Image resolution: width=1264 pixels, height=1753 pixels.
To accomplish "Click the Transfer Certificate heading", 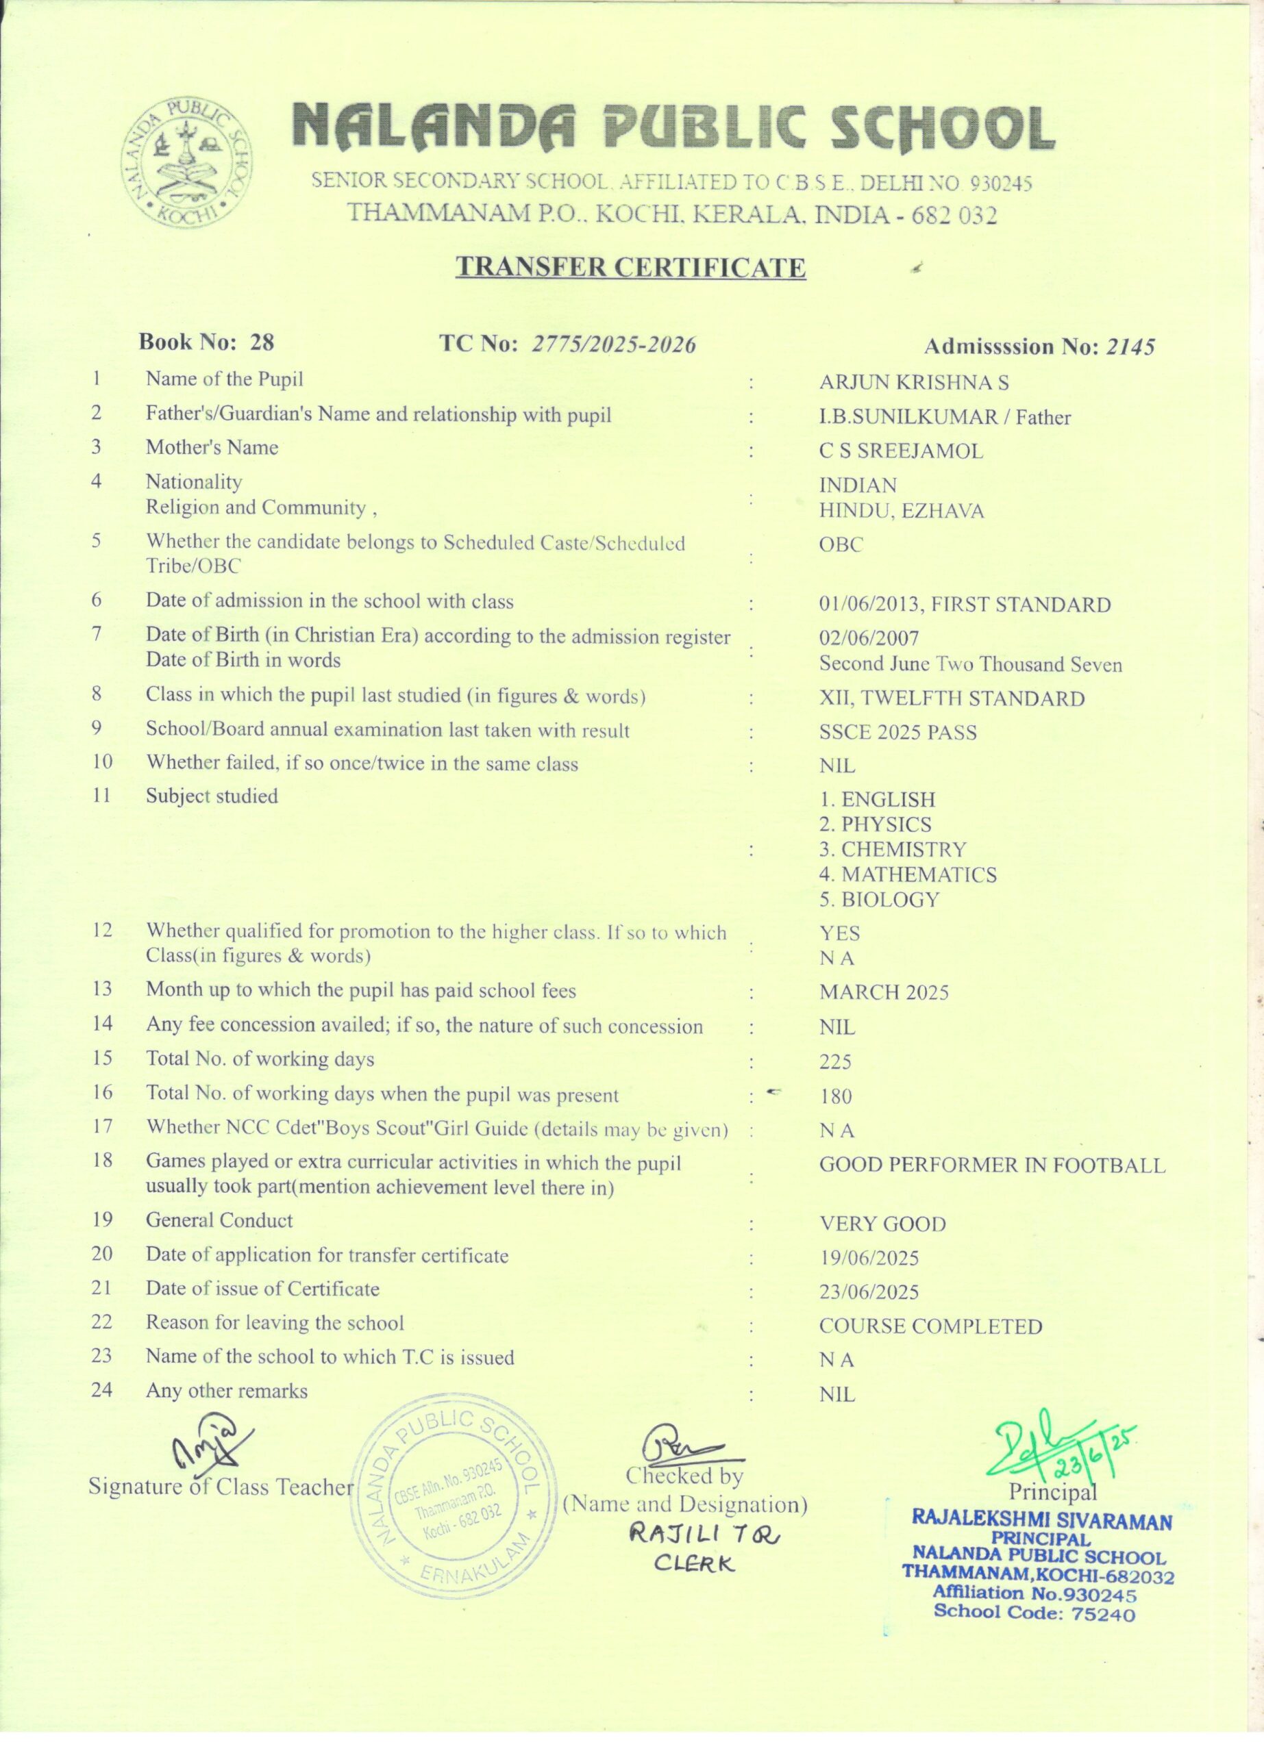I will point(630,268).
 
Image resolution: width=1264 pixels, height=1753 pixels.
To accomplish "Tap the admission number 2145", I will point(1130,347).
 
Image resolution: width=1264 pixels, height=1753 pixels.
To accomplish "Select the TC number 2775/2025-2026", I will point(614,344).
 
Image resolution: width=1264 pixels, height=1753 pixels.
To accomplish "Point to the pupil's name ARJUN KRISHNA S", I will point(914,383).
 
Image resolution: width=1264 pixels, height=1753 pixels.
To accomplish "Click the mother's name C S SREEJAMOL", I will point(901,451).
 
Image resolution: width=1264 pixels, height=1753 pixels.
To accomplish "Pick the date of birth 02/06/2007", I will point(869,638).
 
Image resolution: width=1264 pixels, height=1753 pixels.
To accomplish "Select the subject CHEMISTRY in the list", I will point(893,849).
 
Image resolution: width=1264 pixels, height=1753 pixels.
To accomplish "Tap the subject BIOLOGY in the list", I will point(880,900).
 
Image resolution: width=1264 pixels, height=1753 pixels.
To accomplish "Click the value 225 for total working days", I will point(835,1062).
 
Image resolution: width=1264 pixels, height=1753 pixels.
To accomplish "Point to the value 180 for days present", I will point(835,1096).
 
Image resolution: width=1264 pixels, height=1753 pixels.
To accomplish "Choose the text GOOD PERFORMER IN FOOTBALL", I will point(992,1165).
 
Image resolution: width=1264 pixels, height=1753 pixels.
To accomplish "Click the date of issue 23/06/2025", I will point(869,1292).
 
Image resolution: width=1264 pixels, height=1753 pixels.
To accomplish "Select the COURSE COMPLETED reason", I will point(931,1326).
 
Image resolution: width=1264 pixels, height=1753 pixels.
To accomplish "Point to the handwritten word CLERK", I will point(693,1563).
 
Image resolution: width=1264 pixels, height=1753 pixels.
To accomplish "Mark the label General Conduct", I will point(219,1220).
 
